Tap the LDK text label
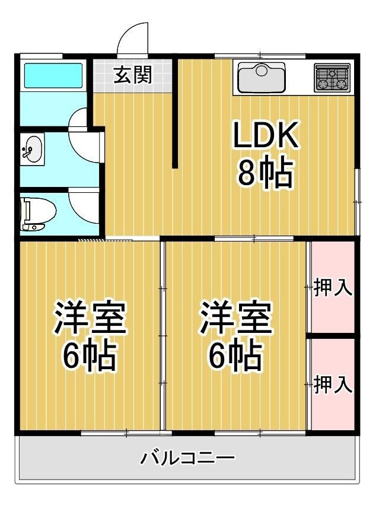(x=265, y=136)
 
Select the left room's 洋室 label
(x=90, y=319)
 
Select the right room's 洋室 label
(x=235, y=319)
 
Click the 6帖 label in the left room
(x=90, y=355)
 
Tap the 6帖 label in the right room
(x=235, y=355)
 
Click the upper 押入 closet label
(x=332, y=288)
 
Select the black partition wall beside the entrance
(x=175, y=113)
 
